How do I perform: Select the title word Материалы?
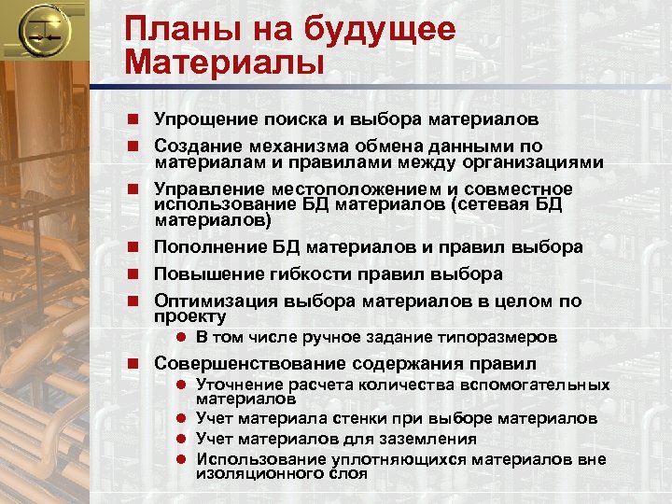(225, 63)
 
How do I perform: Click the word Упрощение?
(208, 119)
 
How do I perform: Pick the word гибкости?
(308, 274)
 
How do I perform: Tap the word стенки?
(363, 417)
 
